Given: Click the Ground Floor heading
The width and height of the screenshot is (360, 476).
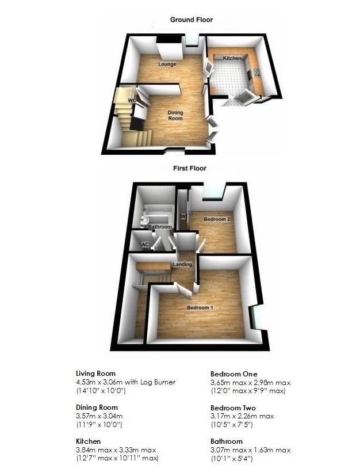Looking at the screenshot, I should click(191, 20).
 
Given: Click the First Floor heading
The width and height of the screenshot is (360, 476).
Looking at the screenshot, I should click(190, 169).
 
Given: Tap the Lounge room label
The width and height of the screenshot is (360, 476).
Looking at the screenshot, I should click(167, 64).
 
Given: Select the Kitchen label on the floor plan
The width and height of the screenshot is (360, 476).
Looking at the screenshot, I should click(232, 59).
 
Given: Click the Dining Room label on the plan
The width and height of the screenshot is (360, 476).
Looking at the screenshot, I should click(175, 115).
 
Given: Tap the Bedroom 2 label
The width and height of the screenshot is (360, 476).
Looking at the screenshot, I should click(217, 219).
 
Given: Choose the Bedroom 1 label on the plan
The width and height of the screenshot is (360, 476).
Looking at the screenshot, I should click(200, 307).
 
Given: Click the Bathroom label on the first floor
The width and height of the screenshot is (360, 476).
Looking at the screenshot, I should click(160, 227).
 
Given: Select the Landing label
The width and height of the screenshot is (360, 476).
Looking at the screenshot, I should click(182, 264).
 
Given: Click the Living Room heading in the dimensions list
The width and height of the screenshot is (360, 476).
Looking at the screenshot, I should click(96, 373).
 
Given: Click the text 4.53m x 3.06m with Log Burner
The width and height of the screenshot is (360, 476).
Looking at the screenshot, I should click(126, 382).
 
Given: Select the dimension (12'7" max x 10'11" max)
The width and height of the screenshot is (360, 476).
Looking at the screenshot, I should click(117, 459).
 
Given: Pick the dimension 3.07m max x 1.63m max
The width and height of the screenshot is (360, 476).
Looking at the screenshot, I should click(250, 450).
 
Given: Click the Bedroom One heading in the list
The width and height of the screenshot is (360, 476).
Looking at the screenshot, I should click(234, 373).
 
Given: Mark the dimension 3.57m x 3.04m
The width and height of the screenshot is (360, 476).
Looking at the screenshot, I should click(101, 416).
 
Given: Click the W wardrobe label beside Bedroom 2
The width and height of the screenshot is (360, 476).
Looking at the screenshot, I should click(183, 216).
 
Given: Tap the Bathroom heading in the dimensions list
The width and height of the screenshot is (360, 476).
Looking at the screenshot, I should click(227, 441).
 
